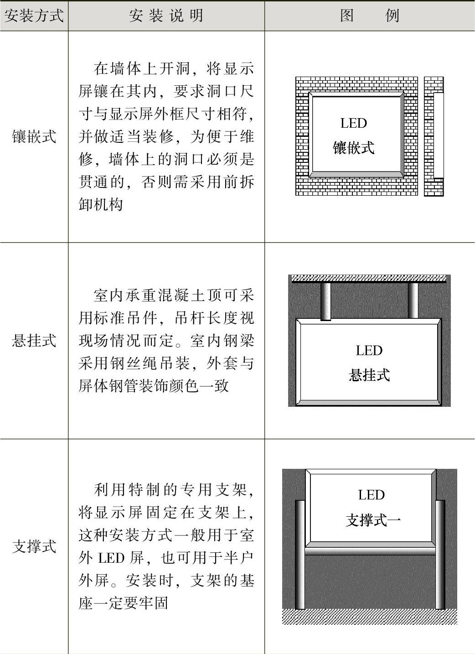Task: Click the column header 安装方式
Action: coord(34,16)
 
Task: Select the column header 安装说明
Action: coord(166,16)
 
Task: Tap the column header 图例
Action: coord(369,16)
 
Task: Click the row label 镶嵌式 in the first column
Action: coord(34,136)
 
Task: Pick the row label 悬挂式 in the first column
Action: coord(34,340)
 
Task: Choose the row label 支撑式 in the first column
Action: coord(34,546)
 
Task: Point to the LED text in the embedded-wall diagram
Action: coord(353,123)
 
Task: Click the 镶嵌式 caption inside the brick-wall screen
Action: coord(353,148)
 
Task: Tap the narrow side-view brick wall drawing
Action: coord(434,136)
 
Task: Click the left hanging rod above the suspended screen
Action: coord(325,301)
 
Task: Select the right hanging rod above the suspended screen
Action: coord(413,300)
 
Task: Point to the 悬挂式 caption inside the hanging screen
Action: coord(369,375)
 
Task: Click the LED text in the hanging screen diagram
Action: coord(369,351)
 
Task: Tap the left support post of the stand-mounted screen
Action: coord(300,554)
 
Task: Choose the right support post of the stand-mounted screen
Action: coord(440,554)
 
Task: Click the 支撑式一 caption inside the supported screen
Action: coord(373,520)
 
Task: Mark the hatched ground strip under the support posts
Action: coord(369,616)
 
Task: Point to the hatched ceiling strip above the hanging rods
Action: coord(369,278)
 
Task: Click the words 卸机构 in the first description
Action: coord(101,204)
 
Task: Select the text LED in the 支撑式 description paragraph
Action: coord(112,558)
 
